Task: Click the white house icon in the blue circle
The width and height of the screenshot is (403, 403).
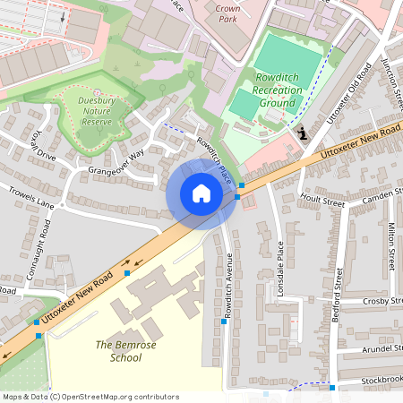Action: coord(201,193)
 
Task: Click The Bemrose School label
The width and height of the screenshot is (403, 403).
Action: coord(118,351)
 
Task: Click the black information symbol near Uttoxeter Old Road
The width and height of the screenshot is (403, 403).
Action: coord(304,134)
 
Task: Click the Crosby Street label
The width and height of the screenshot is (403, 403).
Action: coord(380,302)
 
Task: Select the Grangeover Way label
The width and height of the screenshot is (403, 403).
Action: coord(116,162)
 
